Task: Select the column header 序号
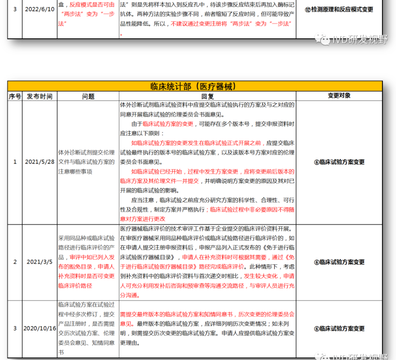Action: (x=15, y=96)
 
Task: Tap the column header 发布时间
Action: (x=39, y=96)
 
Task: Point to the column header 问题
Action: (x=88, y=96)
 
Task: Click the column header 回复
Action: (x=207, y=96)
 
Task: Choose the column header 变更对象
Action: (x=339, y=96)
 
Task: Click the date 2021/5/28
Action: (x=39, y=162)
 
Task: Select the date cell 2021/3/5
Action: (x=39, y=262)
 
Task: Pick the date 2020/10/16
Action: (x=39, y=329)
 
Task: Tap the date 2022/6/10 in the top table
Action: (x=39, y=9)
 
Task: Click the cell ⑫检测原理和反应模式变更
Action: (x=339, y=9)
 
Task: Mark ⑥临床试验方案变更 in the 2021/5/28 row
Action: (x=339, y=162)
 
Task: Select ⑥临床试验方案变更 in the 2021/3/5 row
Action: (x=339, y=262)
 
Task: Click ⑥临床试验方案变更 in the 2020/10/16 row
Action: (x=339, y=329)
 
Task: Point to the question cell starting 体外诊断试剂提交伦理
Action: (x=87, y=162)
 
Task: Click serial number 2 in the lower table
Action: (x=15, y=262)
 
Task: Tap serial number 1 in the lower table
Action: (x=15, y=162)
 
